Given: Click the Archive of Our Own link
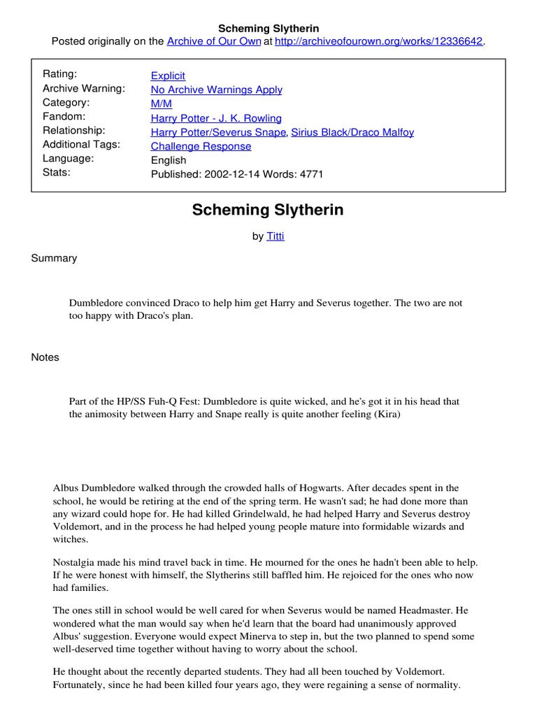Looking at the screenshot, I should tap(213, 41).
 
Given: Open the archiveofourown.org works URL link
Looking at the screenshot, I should tap(379, 41).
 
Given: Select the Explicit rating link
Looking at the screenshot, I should tap(168, 76).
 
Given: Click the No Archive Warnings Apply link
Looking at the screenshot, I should tap(217, 89).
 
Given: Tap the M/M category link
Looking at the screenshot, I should tap(161, 103).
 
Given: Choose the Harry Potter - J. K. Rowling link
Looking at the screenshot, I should tap(216, 118).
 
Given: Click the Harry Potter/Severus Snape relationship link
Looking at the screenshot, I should tap(218, 132).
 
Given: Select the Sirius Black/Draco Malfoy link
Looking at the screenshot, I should tap(352, 132).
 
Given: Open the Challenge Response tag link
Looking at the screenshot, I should tap(201, 146).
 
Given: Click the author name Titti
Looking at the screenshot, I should tap(275, 236).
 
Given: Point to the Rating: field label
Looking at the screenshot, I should tap(60, 74).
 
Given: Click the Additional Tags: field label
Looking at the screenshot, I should tap(82, 144).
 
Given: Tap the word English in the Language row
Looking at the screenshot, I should tap(169, 160).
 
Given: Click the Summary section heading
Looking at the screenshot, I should tap(54, 258).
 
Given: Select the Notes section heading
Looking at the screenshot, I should tap(45, 357).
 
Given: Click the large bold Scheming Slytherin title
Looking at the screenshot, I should tap(268, 210).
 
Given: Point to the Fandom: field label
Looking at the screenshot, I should tap(64, 116).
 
